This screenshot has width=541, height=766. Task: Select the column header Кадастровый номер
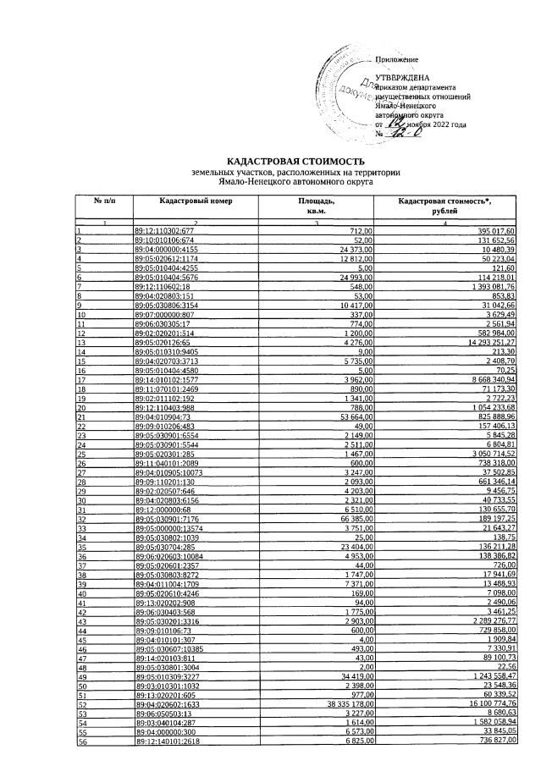coord(195,201)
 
